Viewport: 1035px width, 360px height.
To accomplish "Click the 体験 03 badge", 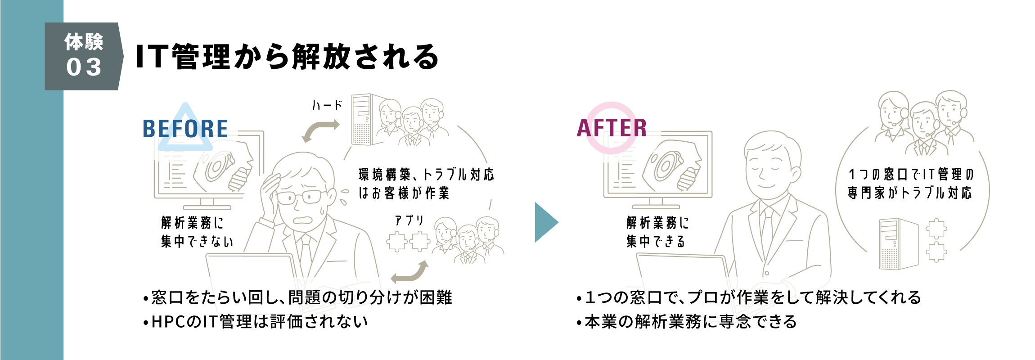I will coord(84,56).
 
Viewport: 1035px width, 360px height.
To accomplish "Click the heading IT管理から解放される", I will coord(287,57).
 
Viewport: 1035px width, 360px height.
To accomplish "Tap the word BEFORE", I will coord(185,129).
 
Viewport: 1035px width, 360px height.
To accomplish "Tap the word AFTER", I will coord(612,128).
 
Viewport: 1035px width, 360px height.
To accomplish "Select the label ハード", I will coord(327,106).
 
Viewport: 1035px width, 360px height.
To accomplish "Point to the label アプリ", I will coord(409,220).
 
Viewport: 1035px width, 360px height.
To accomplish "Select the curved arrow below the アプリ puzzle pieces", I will coord(409,273).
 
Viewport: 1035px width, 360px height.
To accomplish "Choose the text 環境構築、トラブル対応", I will coord(426,175).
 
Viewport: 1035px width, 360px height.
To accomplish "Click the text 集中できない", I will coord(197,242).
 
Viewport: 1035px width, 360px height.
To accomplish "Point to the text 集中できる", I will coord(656,242).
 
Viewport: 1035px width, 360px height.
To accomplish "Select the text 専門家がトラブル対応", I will coord(909,193).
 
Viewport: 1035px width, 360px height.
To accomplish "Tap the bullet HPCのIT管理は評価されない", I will coord(256,322).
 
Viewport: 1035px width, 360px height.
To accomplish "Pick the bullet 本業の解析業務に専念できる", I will coord(687,322).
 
